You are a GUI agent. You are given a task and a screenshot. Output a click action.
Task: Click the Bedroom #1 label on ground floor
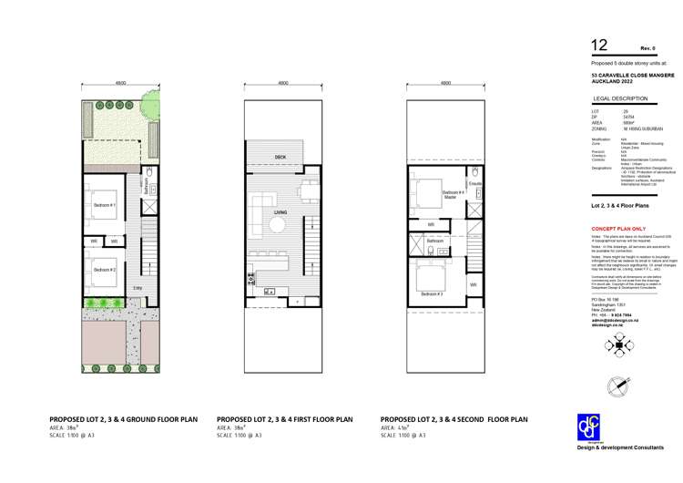pos(104,206)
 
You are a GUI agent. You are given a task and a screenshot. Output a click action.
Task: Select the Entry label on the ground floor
pos(138,288)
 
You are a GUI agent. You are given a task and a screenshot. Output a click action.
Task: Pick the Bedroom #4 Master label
pos(429,194)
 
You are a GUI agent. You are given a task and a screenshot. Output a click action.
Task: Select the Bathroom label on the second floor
pos(435,241)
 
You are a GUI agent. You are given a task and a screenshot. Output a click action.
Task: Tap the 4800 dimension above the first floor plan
pos(283,83)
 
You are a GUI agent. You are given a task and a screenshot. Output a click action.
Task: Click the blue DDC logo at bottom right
pos(590,428)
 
